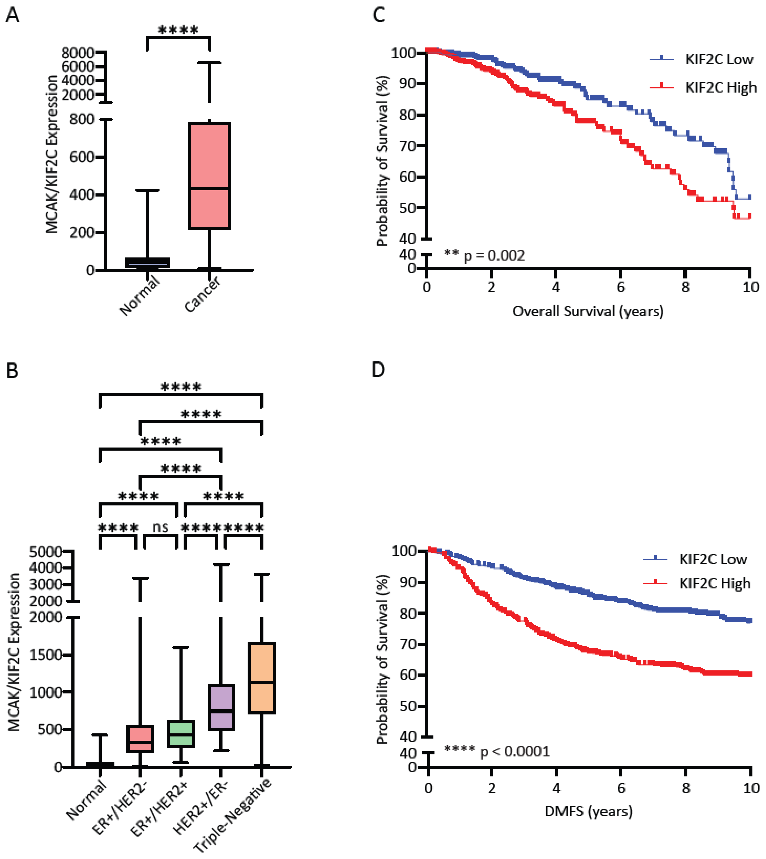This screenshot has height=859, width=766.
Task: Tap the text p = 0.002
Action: tap(494, 256)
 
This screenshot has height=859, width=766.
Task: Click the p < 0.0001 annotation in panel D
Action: tap(515, 752)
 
